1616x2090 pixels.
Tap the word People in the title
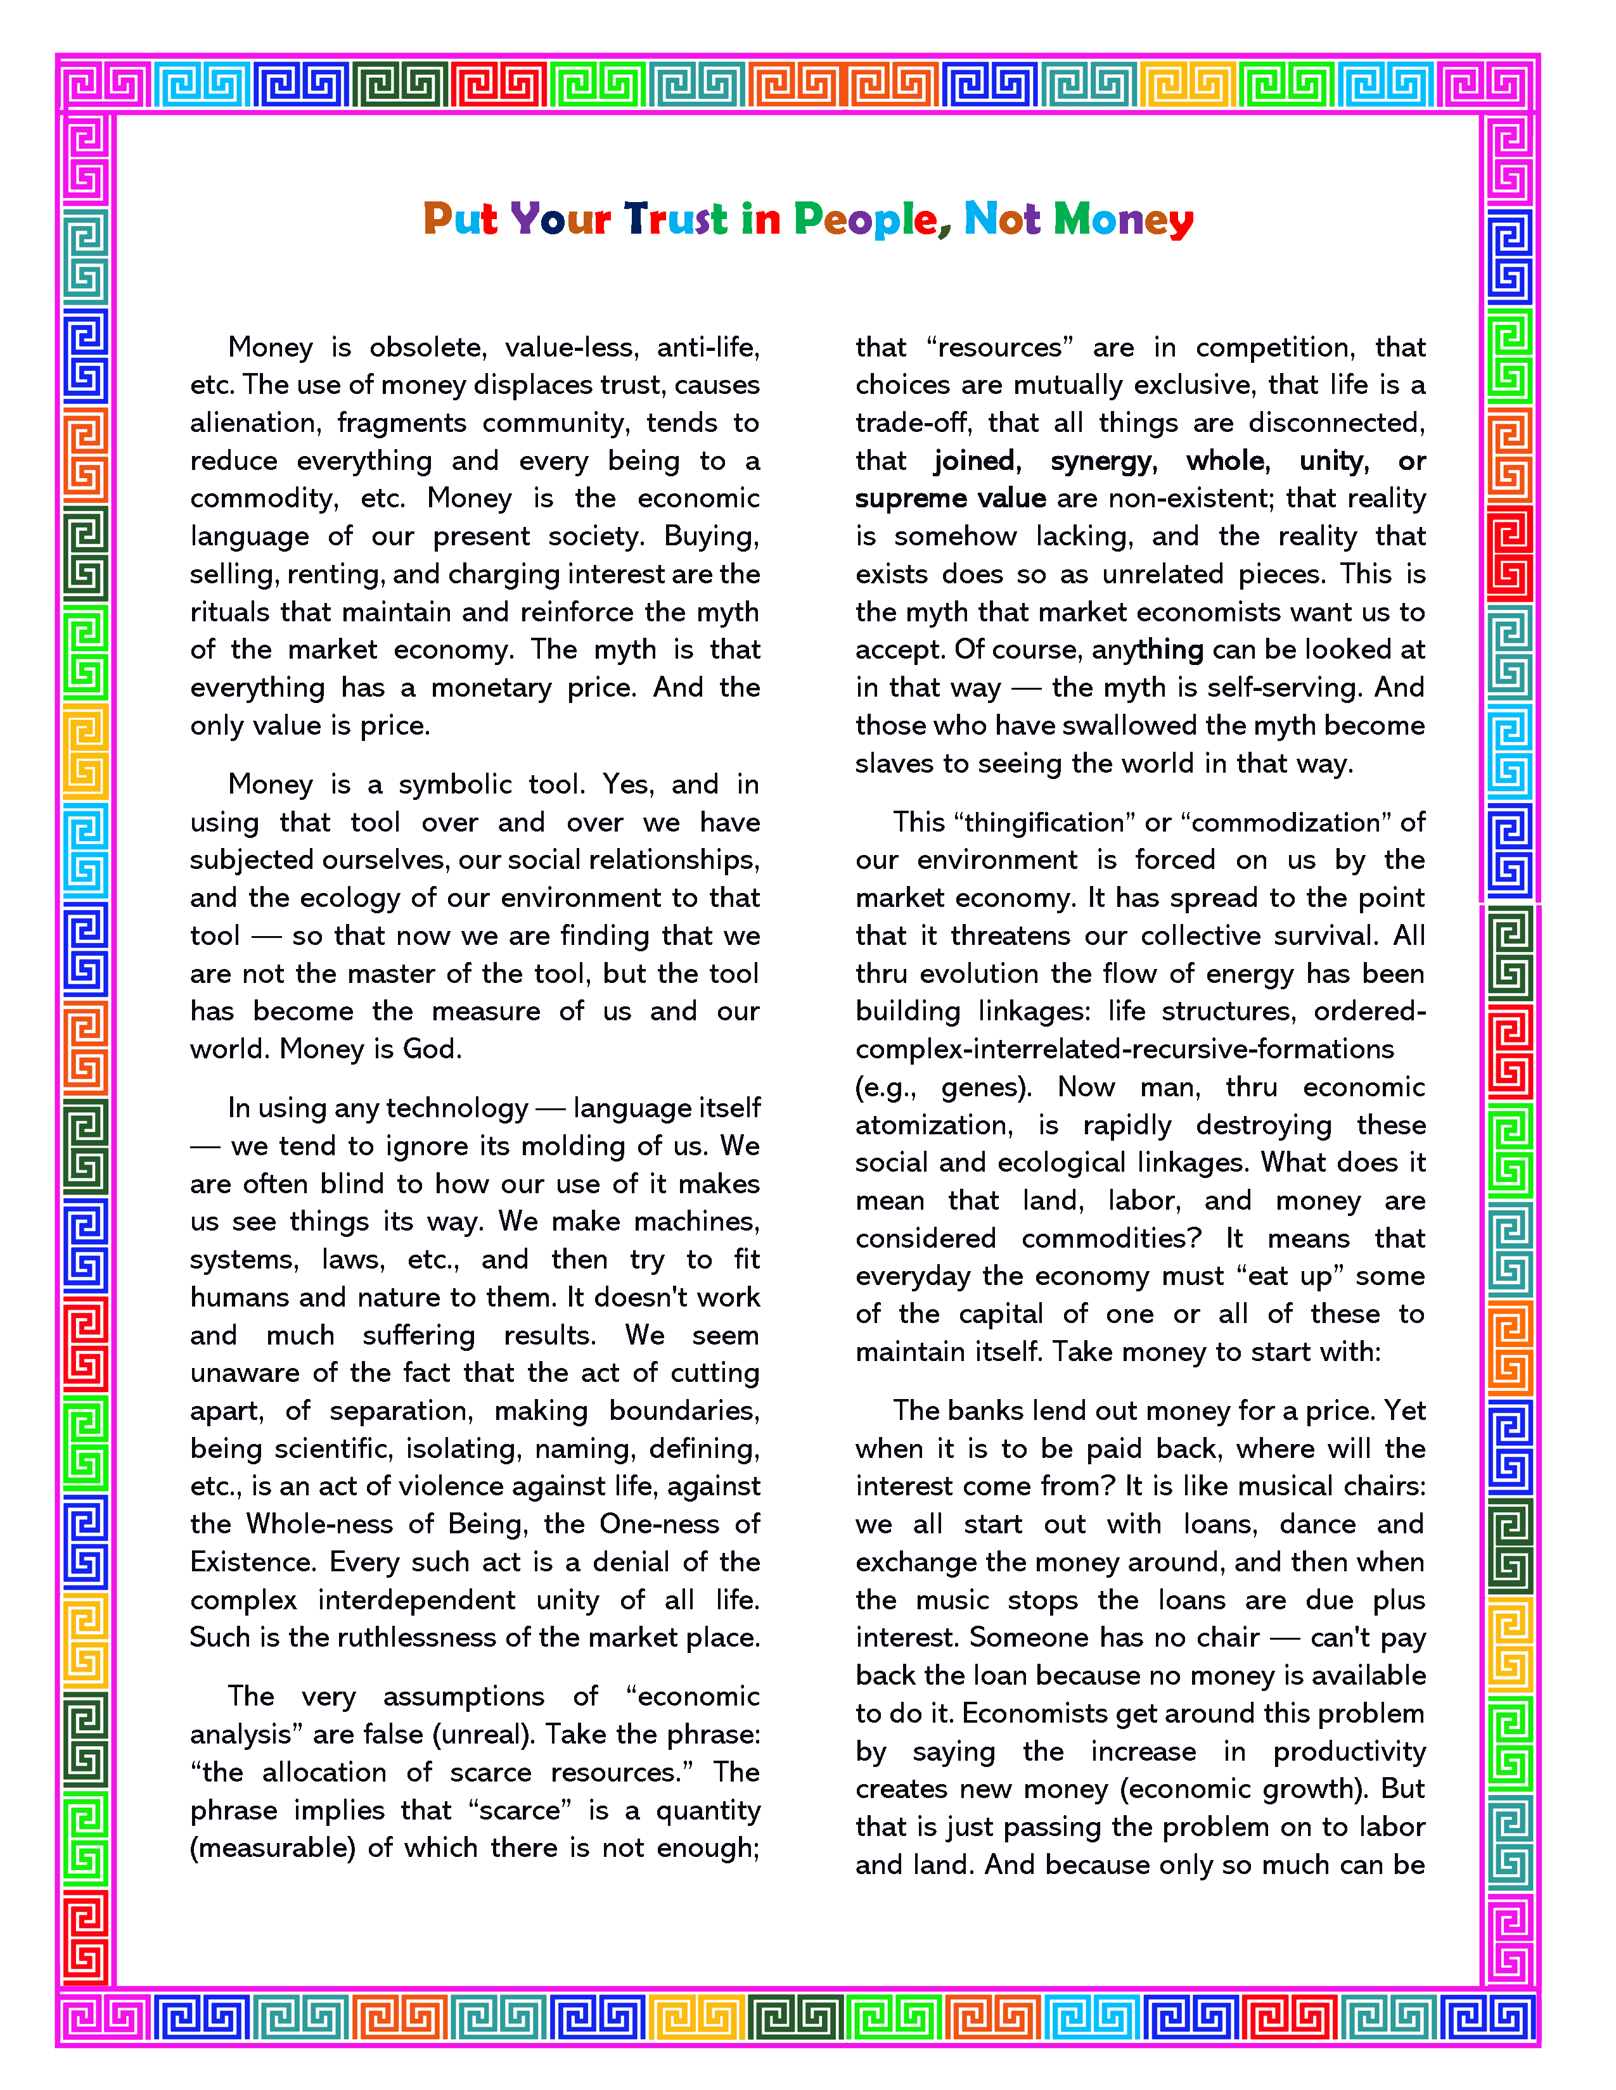coord(866,221)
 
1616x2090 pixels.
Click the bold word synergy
coord(1103,460)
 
